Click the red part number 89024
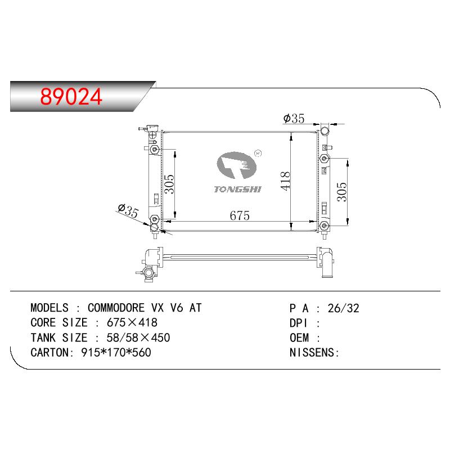click(x=71, y=96)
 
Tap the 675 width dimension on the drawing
click(x=240, y=215)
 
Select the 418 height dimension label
click(x=285, y=181)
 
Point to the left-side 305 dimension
click(x=170, y=184)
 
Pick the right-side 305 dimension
click(x=341, y=192)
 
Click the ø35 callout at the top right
click(x=294, y=118)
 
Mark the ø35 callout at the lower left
click(x=128, y=210)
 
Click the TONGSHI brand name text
click(x=237, y=189)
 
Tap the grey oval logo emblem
click(x=236, y=165)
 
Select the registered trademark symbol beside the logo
click(x=258, y=153)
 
